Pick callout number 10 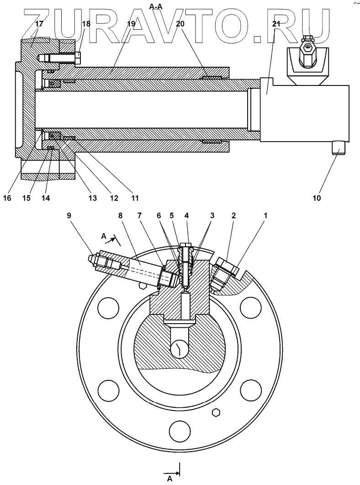317,198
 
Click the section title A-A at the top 156,6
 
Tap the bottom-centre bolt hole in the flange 179,430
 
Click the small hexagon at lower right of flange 217,412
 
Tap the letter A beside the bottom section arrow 170,478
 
